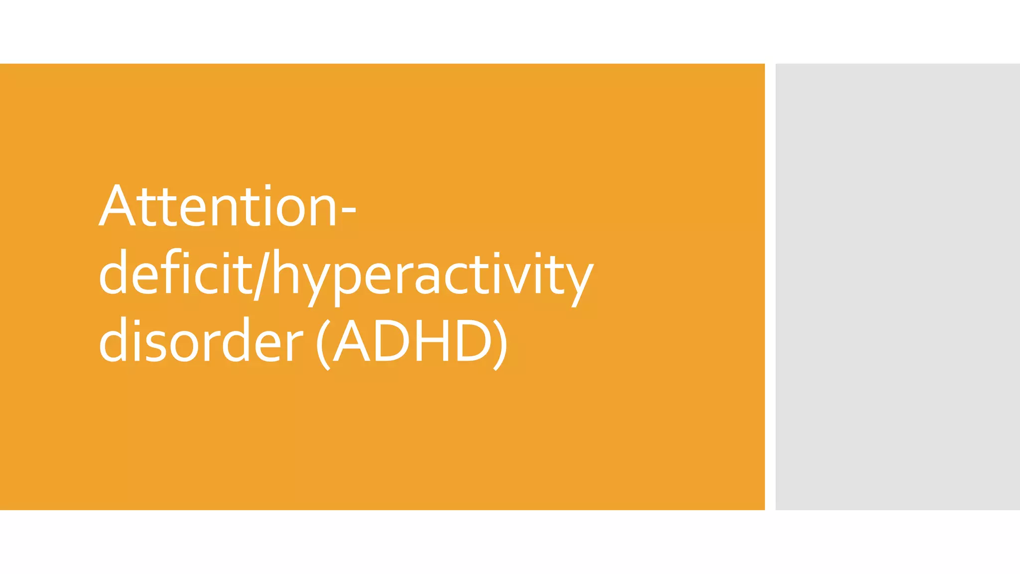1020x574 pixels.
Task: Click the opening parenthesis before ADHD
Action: (x=323, y=344)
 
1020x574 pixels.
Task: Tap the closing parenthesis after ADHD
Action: (x=500, y=344)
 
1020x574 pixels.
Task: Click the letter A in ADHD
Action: (x=352, y=342)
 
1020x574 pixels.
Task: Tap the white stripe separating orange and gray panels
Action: (x=770, y=287)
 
